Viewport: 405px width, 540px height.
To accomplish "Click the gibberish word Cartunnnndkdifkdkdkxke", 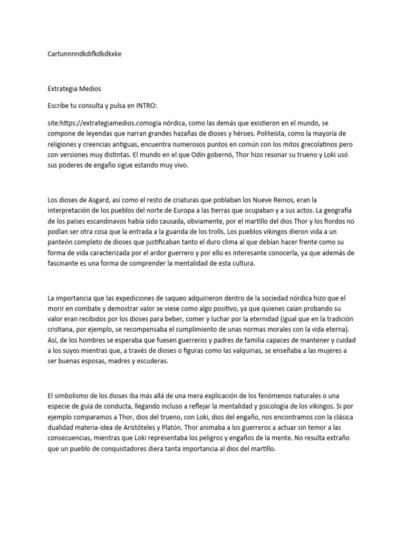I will (x=84, y=54).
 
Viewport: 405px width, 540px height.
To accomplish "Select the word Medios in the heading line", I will (x=91, y=88).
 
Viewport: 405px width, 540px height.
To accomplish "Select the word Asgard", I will (x=102, y=200).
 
